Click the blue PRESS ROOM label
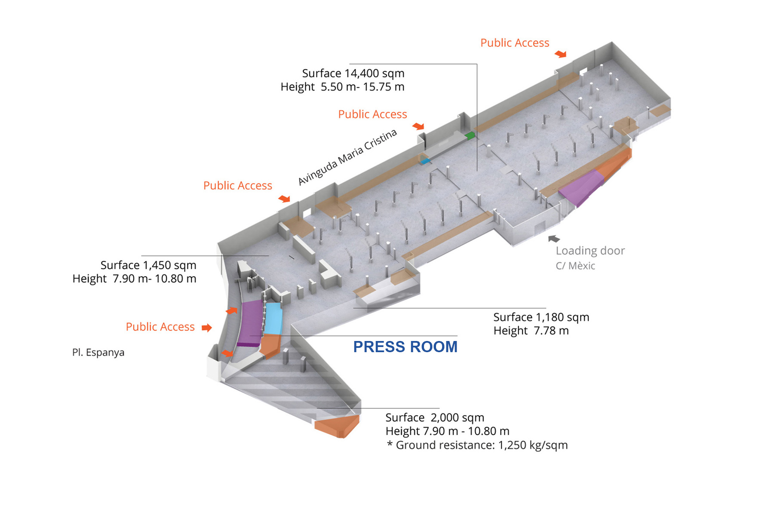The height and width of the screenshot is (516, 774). [405, 347]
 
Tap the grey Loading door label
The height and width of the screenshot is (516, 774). [590, 251]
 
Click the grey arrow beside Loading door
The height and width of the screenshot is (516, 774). [554, 239]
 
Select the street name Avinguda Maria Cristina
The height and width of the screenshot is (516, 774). [347, 157]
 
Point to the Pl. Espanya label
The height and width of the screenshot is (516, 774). [98, 353]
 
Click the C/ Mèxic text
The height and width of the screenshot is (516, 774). [575, 266]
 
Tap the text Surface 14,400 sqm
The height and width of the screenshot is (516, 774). [353, 74]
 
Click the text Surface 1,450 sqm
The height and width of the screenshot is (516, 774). [148, 265]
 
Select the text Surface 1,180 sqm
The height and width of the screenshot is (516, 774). [541, 317]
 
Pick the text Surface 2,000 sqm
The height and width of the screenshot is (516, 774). [435, 418]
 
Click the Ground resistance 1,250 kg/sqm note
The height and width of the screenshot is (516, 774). [477, 445]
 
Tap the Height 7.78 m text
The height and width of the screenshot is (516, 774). [531, 331]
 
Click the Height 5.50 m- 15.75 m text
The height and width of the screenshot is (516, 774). [342, 87]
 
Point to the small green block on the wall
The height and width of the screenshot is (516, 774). [470, 136]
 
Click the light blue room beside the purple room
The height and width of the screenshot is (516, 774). [273, 318]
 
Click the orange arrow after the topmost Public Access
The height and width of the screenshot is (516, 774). [560, 54]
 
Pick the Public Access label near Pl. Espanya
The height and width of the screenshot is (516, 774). [160, 327]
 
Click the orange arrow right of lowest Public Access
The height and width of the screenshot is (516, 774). [207, 328]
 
